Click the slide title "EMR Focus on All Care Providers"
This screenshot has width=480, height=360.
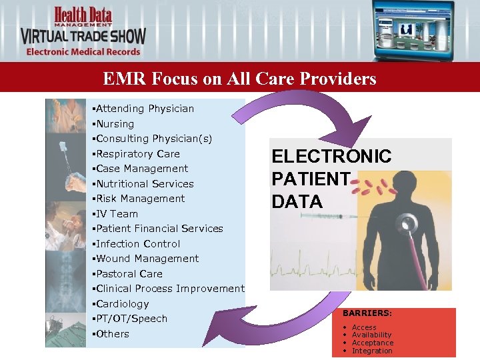239,79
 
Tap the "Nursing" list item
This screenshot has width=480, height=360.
115,124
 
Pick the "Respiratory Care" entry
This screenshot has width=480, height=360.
138,154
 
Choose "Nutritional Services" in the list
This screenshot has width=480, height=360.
145,184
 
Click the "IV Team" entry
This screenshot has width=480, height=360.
117,214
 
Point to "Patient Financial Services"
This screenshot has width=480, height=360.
159,229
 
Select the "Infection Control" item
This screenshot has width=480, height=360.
138,244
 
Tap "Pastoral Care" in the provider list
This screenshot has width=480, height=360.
129,274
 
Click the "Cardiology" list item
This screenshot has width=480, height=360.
122,304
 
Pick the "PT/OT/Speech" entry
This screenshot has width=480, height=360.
131,319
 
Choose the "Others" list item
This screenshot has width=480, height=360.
112,334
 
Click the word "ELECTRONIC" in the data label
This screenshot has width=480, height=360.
331,157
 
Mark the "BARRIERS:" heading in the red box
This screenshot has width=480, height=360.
367,313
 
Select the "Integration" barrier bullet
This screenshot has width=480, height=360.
372,351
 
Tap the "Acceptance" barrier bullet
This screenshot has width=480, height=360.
373,343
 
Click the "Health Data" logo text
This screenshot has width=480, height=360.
83,15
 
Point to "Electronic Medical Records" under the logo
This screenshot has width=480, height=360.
83,51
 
